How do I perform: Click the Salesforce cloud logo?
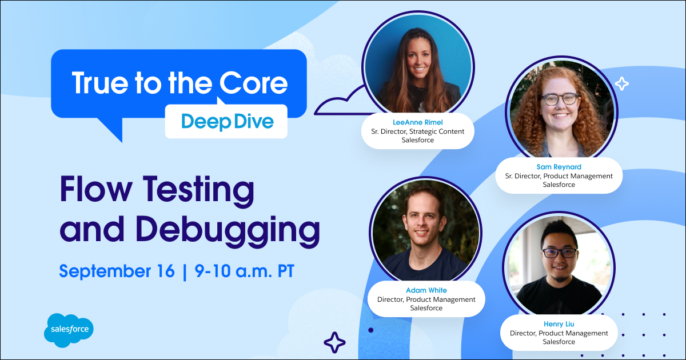click(x=69, y=330)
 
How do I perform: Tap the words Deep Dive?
click(x=228, y=122)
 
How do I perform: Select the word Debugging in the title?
click(x=228, y=230)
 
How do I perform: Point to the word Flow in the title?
click(x=96, y=189)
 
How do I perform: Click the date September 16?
click(x=117, y=271)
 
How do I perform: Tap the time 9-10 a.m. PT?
click(x=245, y=271)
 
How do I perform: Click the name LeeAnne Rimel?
click(x=418, y=122)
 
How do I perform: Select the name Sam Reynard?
click(x=559, y=167)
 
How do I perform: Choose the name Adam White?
click(x=426, y=290)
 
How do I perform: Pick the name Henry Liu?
click(x=559, y=324)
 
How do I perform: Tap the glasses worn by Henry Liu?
click(x=560, y=253)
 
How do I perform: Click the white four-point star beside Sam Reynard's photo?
click(x=622, y=83)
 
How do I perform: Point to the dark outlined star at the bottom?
click(x=334, y=342)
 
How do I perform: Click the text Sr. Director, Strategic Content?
click(x=418, y=131)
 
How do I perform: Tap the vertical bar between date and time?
click(x=184, y=271)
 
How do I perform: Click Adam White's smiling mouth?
click(x=421, y=233)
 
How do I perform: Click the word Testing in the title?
click(x=199, y=191)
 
